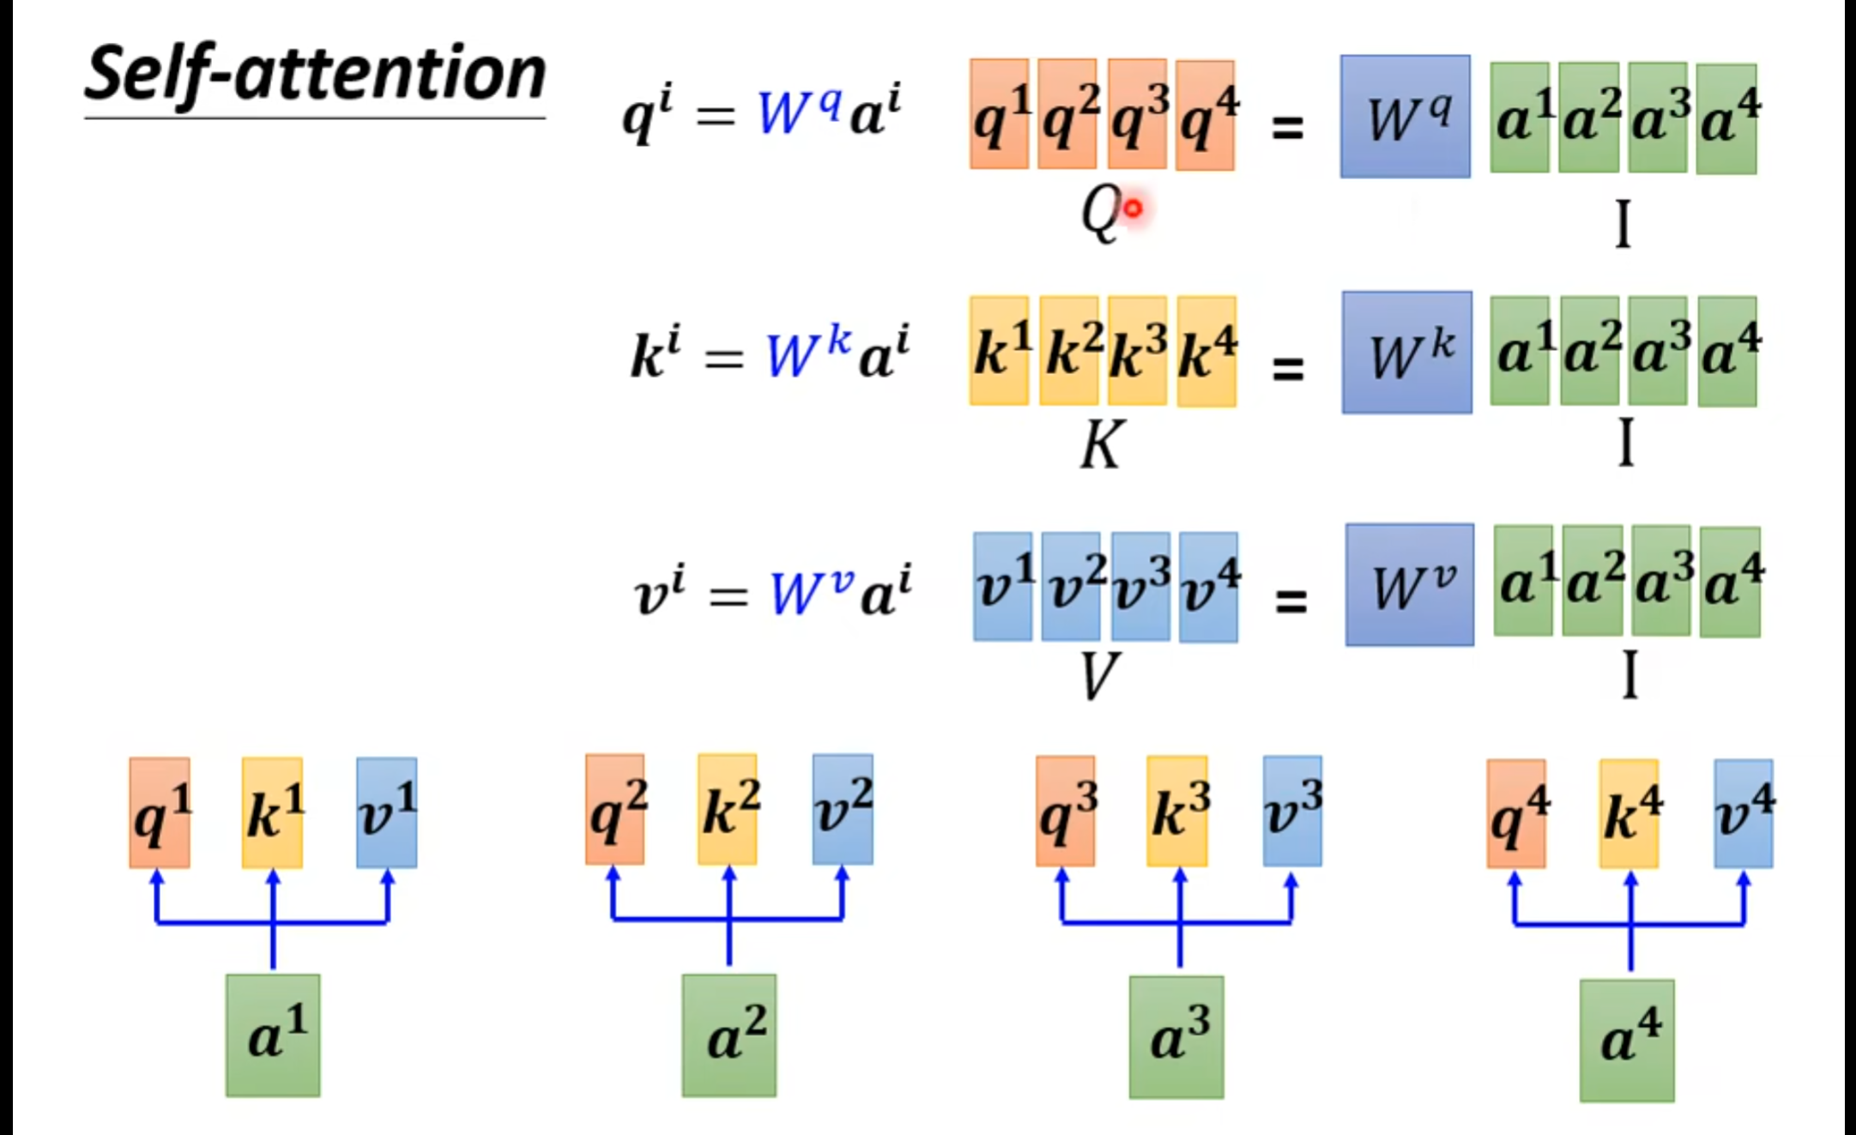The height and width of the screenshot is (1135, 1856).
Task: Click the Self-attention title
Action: [x=315, y=75]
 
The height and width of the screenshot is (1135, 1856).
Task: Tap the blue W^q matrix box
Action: [x=1405, y=117]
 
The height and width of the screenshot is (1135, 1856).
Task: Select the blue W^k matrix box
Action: [x=1407, y=353]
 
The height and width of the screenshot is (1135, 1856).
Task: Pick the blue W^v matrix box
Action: [x=1410, y=585]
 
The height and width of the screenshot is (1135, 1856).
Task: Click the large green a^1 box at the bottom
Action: [x=273, y=1035]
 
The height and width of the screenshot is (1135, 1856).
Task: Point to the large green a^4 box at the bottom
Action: [x=1627, y=1040]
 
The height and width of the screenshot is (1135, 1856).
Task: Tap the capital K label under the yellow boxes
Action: [x=1100, y=445]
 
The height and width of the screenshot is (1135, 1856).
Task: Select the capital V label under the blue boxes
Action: [x=1097, y=676]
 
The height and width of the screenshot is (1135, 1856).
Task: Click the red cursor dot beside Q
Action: [x=1134, y=208]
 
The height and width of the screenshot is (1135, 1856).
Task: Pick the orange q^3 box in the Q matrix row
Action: [x=1137, y=115]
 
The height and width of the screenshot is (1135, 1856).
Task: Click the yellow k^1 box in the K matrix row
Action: [x=1000, y=350]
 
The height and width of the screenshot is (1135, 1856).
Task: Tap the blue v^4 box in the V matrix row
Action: [x=1208, y=587]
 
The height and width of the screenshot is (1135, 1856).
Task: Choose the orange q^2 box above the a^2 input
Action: [x=615, y=809]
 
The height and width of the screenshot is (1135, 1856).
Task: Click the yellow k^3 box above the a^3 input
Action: [x=1177, y=811]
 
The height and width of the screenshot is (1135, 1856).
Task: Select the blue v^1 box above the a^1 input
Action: [x=387, y=812]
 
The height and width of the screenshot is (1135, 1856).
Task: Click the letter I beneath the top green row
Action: [x=1623, y=224]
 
